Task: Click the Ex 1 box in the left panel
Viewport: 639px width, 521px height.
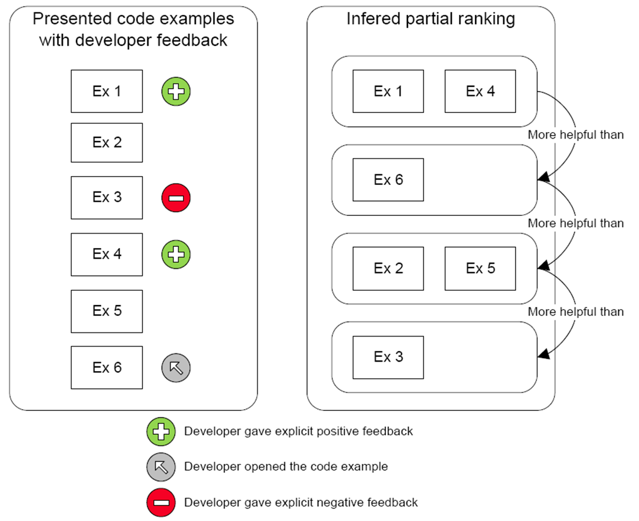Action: click(x=107, y=91)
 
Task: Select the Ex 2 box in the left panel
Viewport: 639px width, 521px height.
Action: click(x=107, y=143)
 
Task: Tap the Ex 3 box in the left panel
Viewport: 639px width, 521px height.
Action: click(x=107, y=197)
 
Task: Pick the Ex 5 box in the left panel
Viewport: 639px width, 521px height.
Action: click(x=107, y=311)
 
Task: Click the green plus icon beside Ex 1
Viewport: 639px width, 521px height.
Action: click(x=176, y=91)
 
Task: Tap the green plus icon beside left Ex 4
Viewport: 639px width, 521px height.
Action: click(x=176, y=255)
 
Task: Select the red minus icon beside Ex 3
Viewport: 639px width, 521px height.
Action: click(x=176, y=197)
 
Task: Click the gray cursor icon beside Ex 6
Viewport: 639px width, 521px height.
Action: click(x=176, y=368)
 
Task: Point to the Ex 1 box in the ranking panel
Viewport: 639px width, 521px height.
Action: click(x=388, y=91)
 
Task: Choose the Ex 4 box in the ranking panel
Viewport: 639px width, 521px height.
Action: click(x=480, y=91)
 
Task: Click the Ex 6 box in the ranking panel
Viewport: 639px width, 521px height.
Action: click(x=388, y=180)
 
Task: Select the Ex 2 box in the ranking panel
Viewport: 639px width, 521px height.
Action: click(x=388, y=268)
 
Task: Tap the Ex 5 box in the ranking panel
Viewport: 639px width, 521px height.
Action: click(x=480, y=268)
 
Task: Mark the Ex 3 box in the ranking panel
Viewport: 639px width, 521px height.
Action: click(x=388, y=357)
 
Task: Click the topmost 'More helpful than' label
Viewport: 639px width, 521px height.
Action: click(x=575, y=135)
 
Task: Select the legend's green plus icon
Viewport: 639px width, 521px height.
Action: click(x=161, y=431)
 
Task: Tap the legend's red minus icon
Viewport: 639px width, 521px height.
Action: click(x=161, y=503)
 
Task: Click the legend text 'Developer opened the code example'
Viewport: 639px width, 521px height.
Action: click(x=286, y=467)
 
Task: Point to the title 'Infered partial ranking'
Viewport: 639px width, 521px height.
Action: click(x=431, y=19)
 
